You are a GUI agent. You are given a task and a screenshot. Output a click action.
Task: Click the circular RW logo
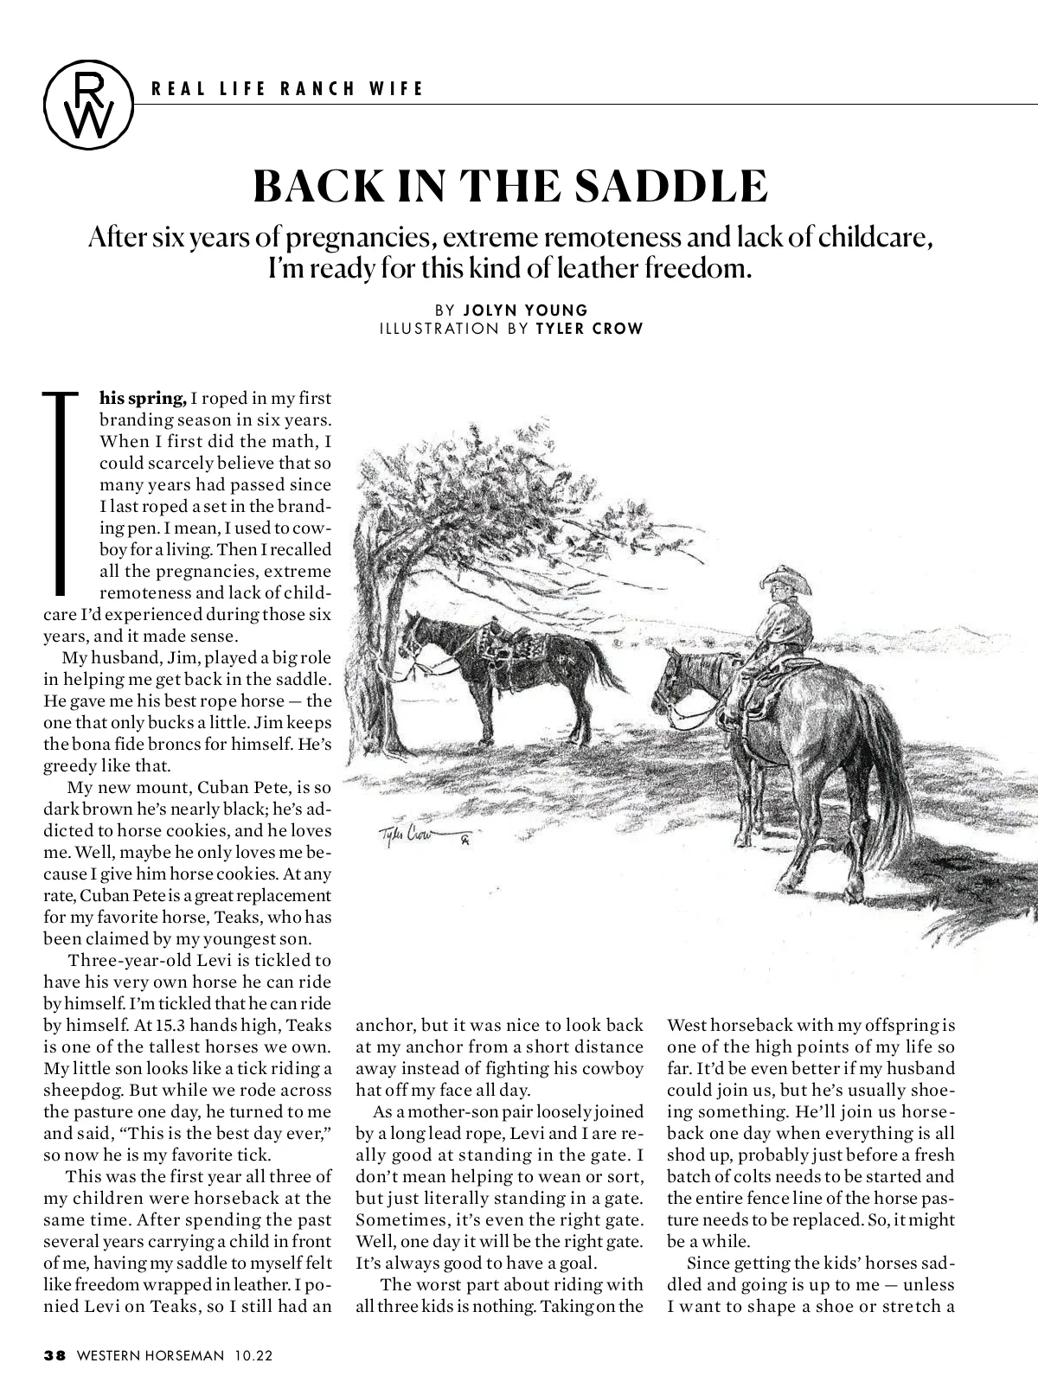coord(89,104)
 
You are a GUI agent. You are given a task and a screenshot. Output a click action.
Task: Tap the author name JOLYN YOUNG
coord(525,310)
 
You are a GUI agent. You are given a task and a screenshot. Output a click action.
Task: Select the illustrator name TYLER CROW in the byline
coord(589,329)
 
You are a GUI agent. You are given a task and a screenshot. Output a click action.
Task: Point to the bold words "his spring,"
coord(143,399)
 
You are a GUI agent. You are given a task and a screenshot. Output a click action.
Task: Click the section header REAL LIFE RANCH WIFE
coord(288,88)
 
